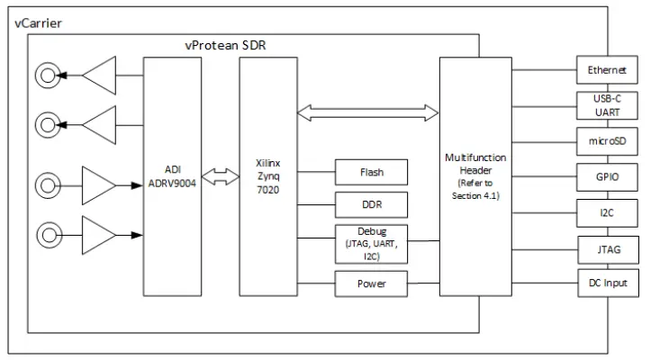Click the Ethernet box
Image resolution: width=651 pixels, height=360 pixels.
[607, 70]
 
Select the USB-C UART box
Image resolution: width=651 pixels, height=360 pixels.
[607, 105]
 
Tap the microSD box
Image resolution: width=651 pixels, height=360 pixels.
[607, 140]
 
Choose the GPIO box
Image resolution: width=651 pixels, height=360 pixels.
[607, 176]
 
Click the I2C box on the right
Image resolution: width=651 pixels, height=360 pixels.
[607, 212]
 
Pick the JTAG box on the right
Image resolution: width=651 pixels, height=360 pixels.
[607, 247]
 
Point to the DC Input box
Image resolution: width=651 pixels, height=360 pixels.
[607, 283]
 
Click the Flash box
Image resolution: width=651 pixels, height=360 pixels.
[371, 171]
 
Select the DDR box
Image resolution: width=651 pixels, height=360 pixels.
[371, 203]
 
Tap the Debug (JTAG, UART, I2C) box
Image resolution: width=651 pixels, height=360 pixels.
[371, 243]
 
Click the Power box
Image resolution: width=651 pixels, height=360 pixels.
[371, 283]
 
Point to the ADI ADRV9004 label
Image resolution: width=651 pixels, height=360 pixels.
[173, 175]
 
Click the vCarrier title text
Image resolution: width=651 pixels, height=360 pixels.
[38, 22]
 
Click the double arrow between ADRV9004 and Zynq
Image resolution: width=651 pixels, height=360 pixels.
[221, 177]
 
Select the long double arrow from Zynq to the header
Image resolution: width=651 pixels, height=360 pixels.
[367, 112]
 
